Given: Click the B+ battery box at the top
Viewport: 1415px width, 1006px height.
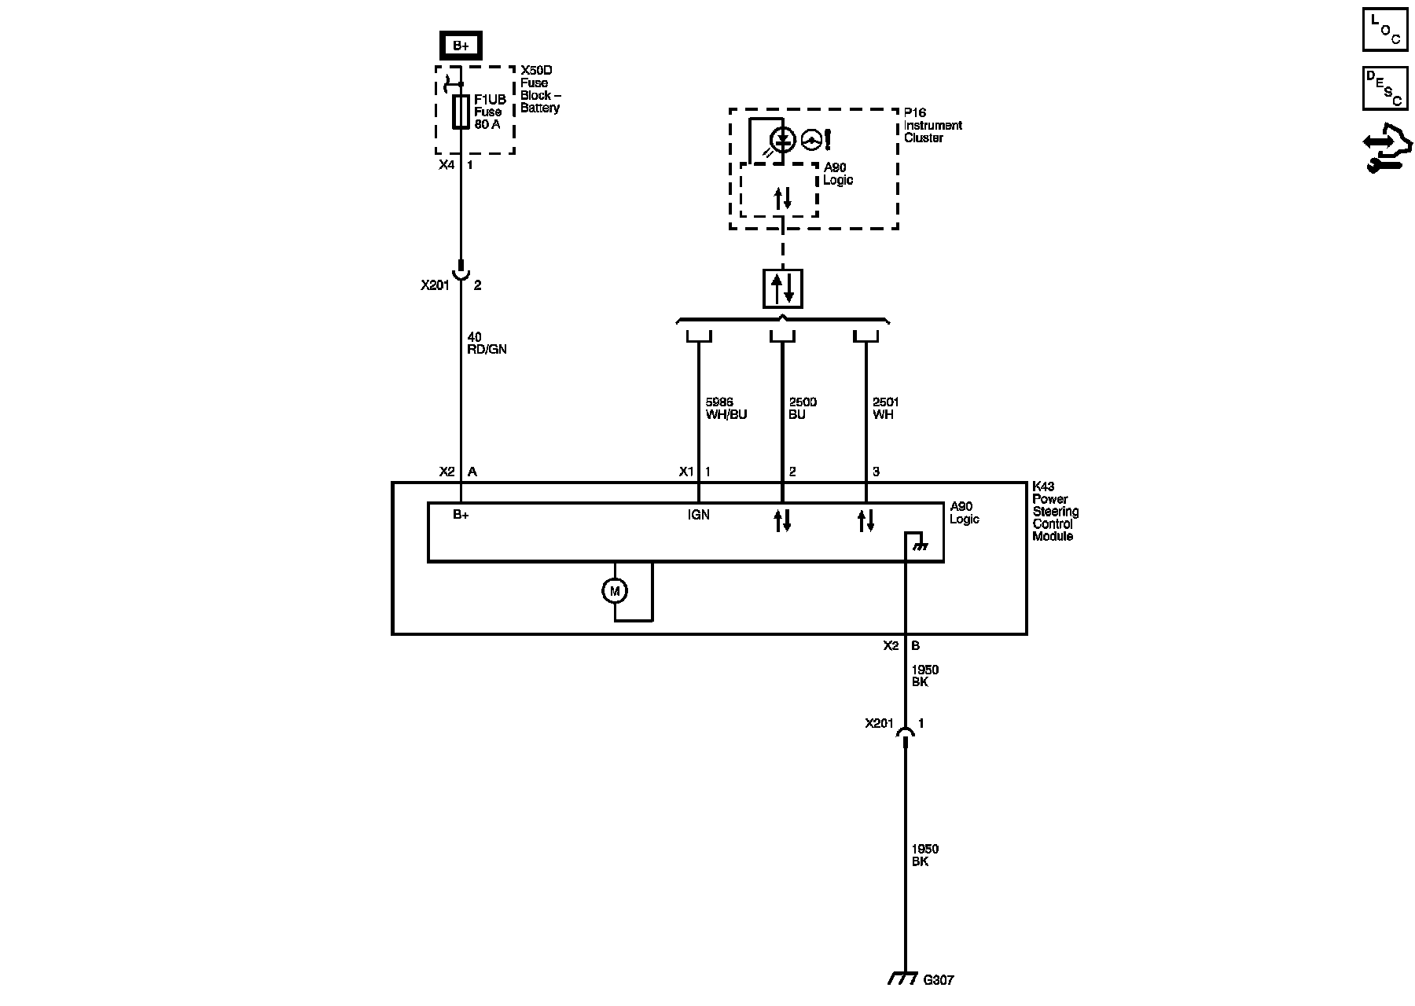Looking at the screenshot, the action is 461,46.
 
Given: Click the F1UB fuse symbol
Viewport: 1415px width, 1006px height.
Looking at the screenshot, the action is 461,112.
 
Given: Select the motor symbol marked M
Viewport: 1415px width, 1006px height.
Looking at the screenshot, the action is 615,591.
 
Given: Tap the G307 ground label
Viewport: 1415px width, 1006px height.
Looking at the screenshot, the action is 938,980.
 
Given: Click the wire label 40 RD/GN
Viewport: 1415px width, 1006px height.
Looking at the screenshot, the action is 487,343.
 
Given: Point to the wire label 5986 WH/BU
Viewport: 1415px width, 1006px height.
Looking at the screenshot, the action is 726,409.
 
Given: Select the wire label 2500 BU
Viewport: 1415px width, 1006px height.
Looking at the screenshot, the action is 802,409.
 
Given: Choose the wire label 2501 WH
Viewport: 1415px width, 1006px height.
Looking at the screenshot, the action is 885,409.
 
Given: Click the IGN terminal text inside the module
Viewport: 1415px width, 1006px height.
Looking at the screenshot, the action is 698,515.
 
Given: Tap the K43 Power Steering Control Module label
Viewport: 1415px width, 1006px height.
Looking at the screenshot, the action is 1055,512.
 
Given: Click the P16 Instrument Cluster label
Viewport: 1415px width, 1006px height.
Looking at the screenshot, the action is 932,125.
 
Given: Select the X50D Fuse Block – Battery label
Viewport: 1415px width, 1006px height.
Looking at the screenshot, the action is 540,89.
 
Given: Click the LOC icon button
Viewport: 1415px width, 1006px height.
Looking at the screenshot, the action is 1384,29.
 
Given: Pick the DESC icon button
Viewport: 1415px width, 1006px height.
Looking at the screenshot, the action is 1384,87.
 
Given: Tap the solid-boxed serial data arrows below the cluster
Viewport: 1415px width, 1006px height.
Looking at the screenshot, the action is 782,288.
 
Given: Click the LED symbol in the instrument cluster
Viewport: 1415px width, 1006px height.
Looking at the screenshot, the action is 782,140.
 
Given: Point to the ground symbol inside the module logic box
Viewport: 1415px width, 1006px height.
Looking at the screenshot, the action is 916,542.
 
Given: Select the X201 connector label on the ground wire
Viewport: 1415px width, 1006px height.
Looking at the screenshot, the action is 879,723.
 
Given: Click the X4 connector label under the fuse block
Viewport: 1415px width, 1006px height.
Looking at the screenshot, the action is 447,165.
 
